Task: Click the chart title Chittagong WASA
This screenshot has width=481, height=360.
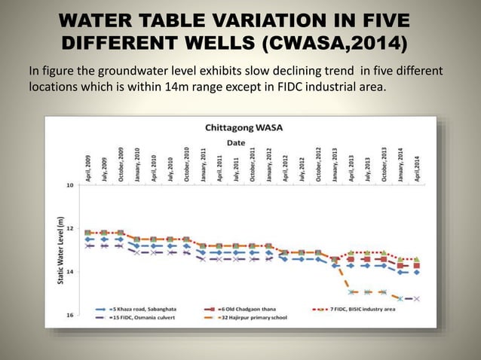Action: tap(244, 127)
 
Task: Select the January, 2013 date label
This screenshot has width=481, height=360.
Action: tap(335, 162)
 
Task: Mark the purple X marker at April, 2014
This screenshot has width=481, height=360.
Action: tap(417, 298)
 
